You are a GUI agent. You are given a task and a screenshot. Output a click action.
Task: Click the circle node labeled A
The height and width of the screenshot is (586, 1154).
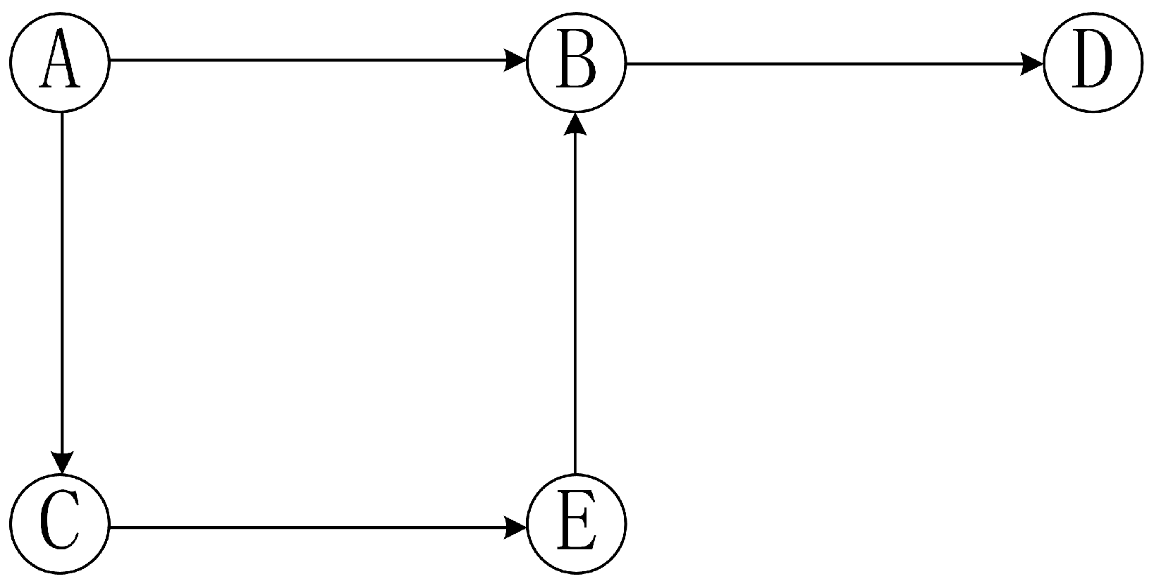point(61,62)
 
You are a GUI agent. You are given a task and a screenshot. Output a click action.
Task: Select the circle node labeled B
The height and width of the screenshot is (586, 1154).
point(576,62)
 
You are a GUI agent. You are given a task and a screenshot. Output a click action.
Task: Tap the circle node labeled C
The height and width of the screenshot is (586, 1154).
point(61,523)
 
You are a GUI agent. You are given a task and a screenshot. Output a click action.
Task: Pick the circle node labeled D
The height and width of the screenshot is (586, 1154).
point(1092,62)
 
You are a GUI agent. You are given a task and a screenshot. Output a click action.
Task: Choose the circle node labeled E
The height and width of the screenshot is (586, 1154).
point(576,523)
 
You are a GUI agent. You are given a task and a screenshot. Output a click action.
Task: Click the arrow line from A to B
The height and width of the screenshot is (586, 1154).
point(310,61)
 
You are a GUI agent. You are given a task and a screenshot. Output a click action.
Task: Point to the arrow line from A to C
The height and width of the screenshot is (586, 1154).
point(63,282)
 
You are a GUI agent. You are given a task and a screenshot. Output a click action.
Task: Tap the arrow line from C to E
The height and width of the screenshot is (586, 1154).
point(310,527)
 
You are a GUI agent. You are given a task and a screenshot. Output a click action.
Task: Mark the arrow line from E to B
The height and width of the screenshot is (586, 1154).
point(577,296)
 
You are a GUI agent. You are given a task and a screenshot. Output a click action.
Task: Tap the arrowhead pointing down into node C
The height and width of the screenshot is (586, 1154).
point(63,463)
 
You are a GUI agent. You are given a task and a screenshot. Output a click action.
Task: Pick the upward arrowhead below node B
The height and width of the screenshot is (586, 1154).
point(577,124)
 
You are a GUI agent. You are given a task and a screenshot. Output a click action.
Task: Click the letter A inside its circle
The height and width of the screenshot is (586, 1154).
point(61,62)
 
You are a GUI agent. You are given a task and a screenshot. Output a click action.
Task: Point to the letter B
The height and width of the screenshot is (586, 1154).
point(576,62)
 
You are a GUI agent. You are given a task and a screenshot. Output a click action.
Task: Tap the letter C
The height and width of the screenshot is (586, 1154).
point(61,523)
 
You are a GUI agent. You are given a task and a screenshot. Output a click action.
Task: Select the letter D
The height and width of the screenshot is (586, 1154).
point(1092,62)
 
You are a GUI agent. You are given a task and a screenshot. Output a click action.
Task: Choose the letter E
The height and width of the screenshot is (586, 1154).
point(576,523)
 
